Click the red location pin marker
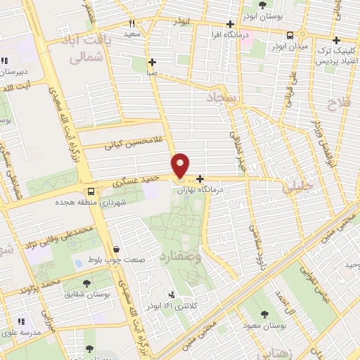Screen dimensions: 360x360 pos(181,165)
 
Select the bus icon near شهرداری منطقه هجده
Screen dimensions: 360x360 pos(90,191)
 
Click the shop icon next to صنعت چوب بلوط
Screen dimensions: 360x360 pos(115,249)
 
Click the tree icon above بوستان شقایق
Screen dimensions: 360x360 pos(87,284)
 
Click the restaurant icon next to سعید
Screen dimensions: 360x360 pos(131,22)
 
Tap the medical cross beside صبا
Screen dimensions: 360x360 pos(153,61)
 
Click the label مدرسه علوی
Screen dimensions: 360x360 pos(20,332)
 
